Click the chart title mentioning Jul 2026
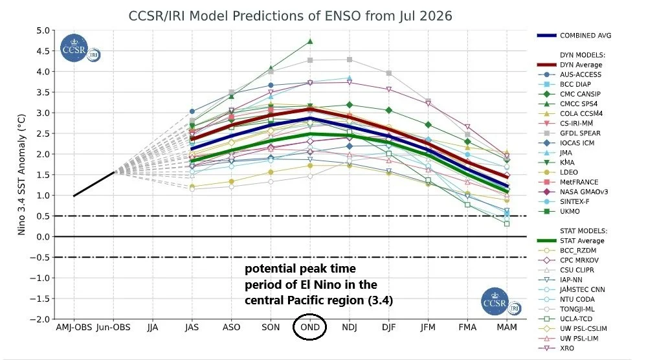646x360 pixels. coord(291,16)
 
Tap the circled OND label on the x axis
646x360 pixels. coord(310,327)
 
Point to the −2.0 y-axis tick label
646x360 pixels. coord(39,319)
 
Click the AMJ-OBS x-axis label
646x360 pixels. coord(74,328)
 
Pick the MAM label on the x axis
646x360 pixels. coord(507,328)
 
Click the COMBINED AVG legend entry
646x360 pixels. coord(574,36)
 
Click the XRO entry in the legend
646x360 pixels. coord(556,348)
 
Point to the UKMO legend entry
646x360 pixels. coord(559,211)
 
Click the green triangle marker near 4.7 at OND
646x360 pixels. coord(310,41)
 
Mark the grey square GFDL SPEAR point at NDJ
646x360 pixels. coord(350,60)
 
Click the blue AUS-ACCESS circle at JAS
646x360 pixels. coord(192,111)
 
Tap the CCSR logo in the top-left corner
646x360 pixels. coord(74,48)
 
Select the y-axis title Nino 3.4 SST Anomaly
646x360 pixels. coord(22,175)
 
